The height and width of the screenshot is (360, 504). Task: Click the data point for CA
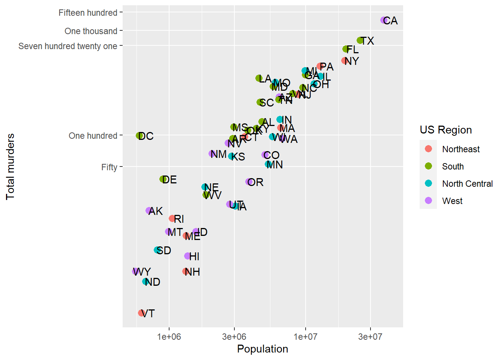[x=384, y=20]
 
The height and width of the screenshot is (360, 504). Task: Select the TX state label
[x=367, y=41]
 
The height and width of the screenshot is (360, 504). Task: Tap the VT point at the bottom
[x=141, y=313]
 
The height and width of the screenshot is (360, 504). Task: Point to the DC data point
[x=139, y=136]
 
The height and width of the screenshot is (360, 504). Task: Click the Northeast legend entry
[x=460, y=149]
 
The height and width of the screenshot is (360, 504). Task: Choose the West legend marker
[x=428, y=201]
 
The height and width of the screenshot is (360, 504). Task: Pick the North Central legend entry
[x=467, y=184]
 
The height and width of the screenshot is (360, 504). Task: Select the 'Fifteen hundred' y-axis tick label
[x=88, y=13]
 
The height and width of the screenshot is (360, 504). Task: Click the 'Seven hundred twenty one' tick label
[x=67, y=46]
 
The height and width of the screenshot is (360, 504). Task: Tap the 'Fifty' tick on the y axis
[x=109, y=167]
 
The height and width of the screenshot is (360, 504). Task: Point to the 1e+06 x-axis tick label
[x=169, y=337]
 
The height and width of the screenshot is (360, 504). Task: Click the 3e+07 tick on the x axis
[x=370, y=337]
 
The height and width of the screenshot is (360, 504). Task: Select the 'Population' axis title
[x=262, y=349]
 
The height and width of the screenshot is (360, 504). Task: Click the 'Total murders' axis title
[x=10, y=166]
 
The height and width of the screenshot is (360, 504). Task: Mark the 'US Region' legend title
[x=445, y=130]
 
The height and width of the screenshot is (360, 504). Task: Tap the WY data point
[x=135, y=271]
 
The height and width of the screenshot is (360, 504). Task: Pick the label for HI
[x=194, y=256]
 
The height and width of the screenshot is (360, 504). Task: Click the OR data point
[x=249, y=182]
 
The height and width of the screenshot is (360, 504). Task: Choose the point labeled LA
[x=259, y=78]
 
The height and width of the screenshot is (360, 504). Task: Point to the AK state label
[x=156, y=211]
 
